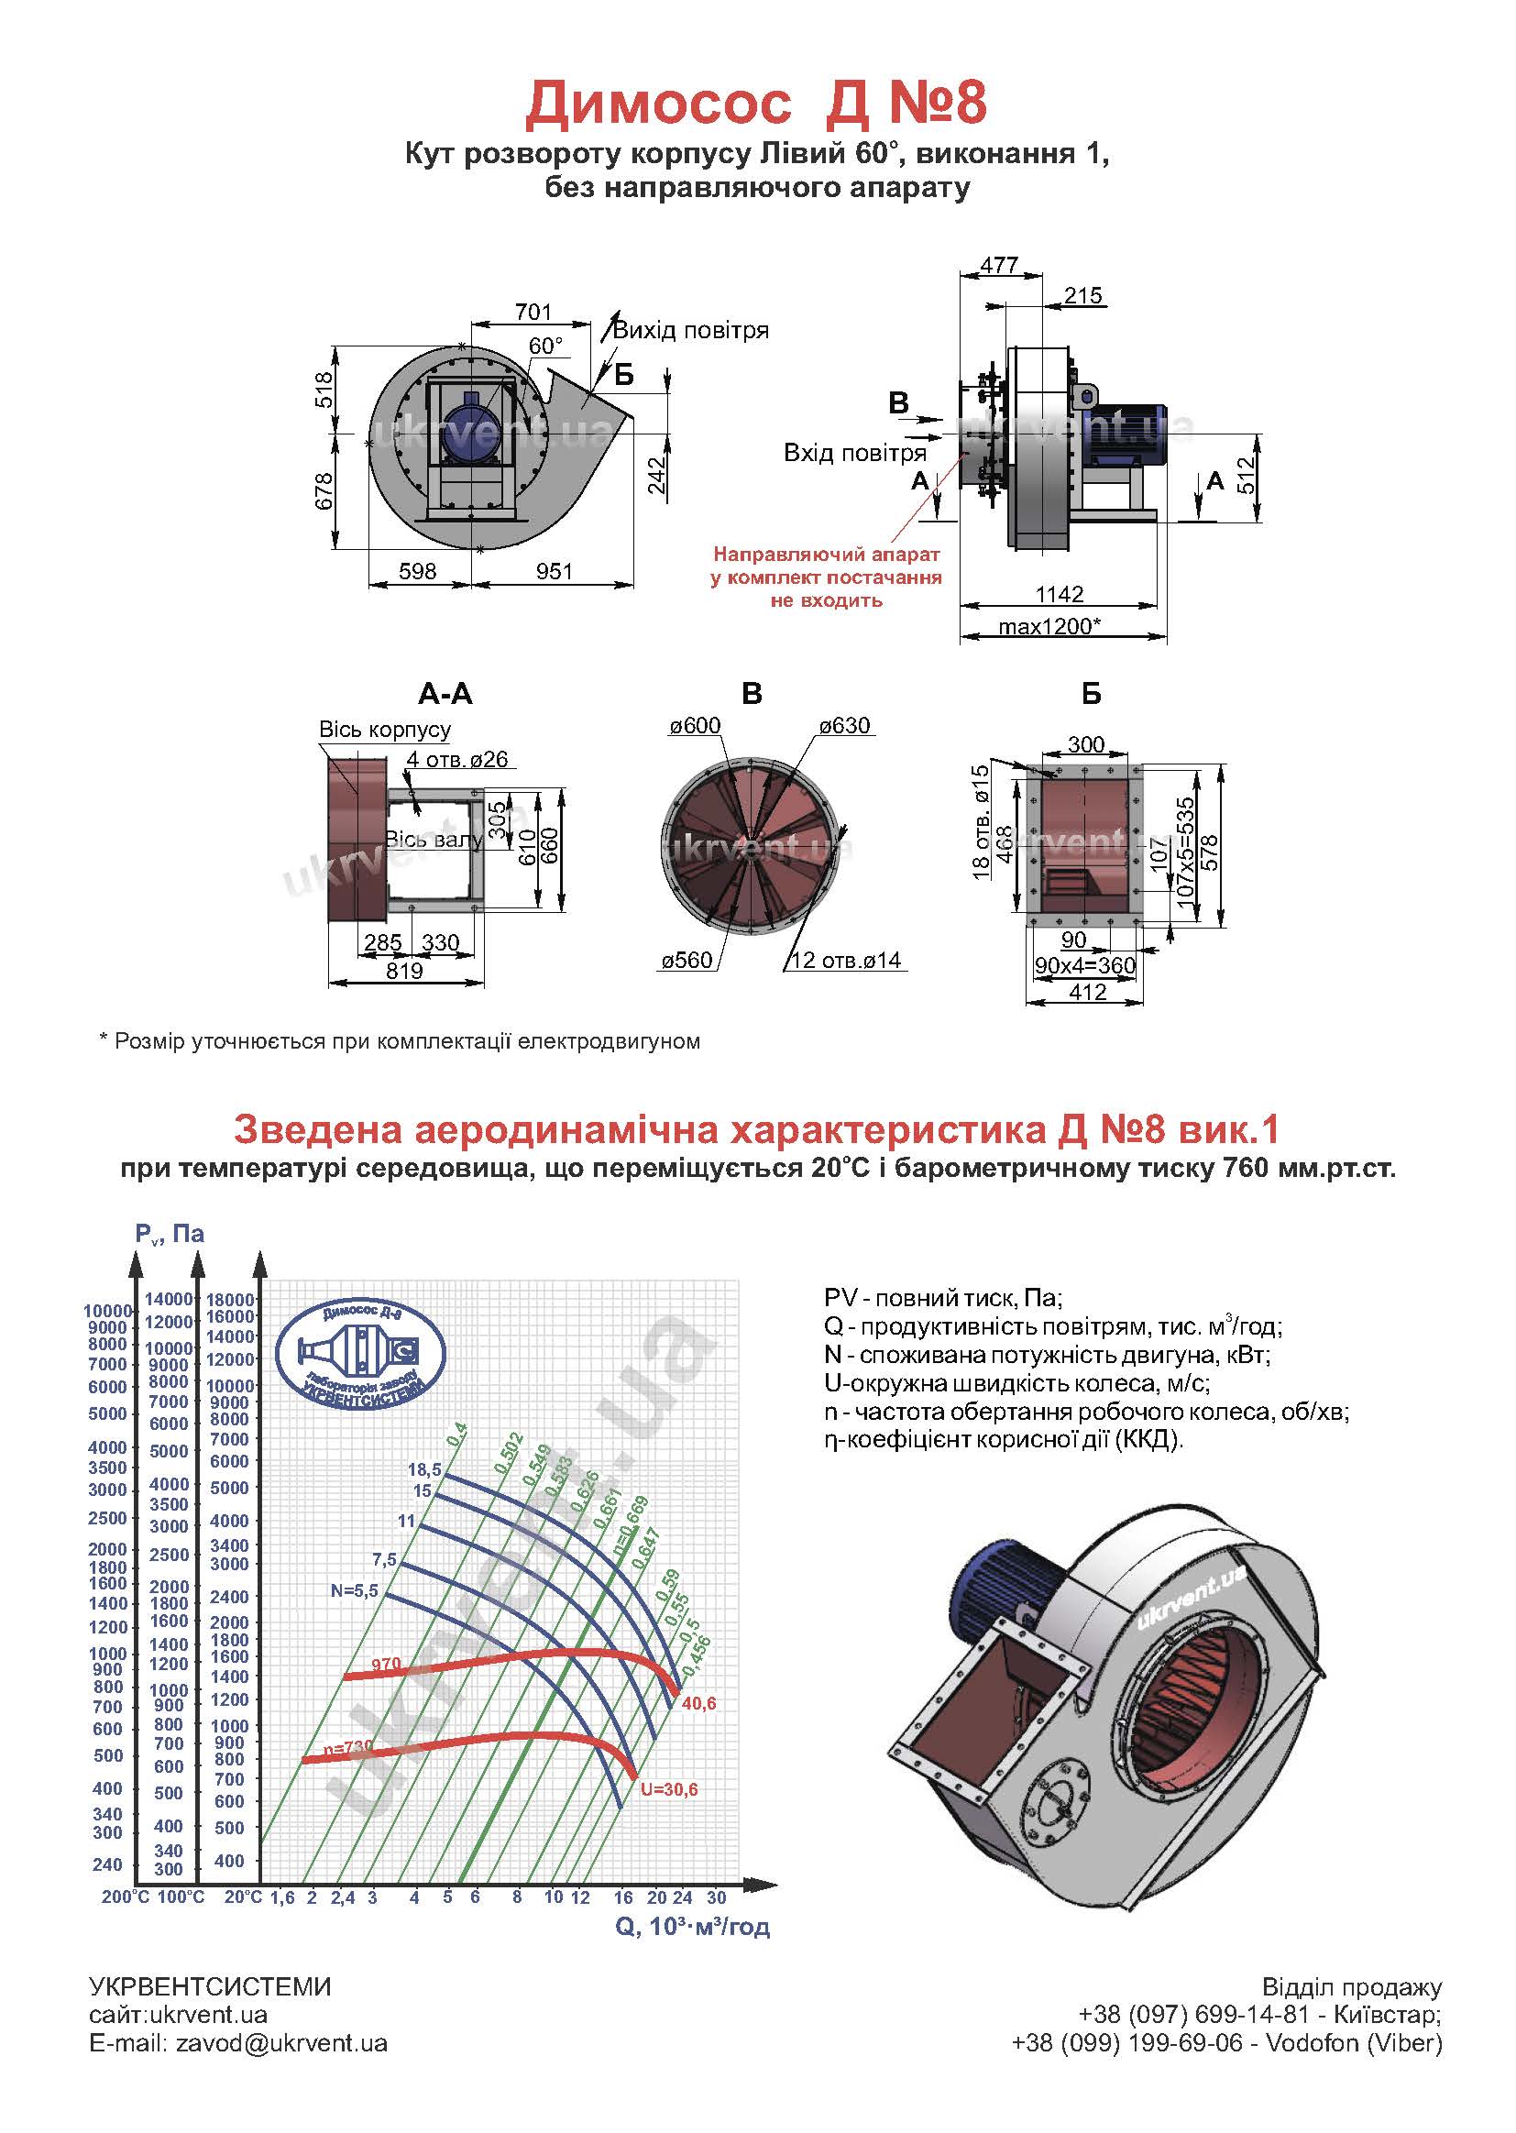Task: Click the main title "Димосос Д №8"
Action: [756, 103]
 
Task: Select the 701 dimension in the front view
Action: [533, 311]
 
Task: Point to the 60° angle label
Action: [546, 346]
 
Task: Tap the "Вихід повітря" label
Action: [691, 331]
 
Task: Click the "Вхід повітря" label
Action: [855, 454]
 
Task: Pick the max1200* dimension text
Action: [1049, 626]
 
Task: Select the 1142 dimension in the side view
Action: [1060, 594]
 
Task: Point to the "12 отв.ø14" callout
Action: [846, 961]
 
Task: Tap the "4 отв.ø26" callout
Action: [457, 760]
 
